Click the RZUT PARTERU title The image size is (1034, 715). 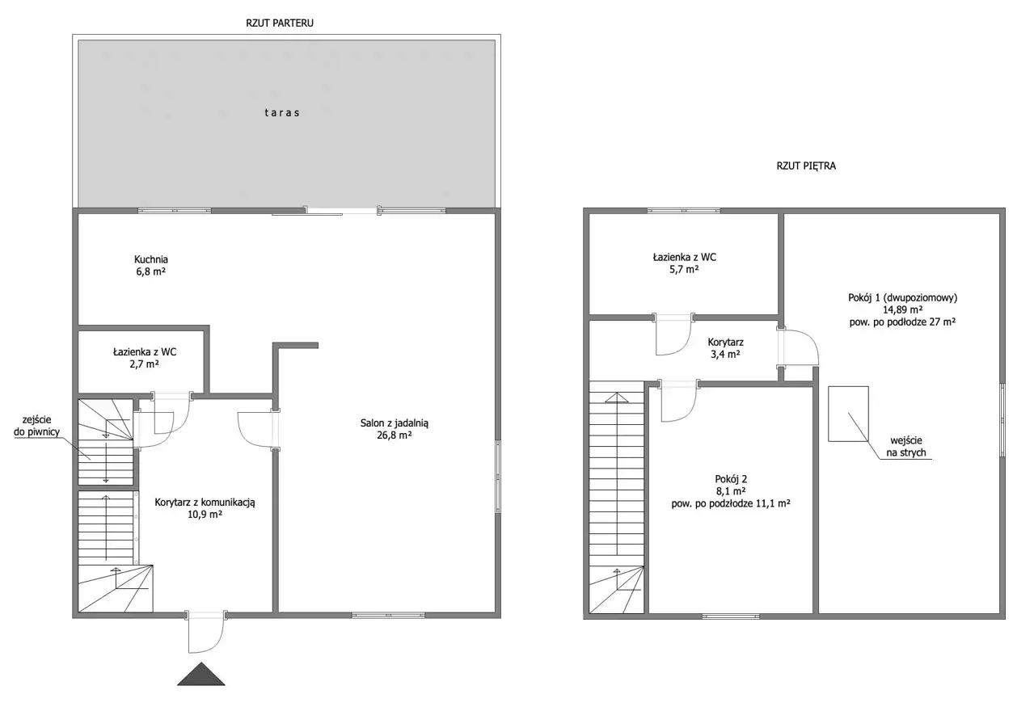coord(280,23)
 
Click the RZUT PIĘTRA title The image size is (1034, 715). coord(806,166)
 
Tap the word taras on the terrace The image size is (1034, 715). coord(282,112)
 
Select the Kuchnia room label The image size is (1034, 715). coord(151,259)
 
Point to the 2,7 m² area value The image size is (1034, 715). coord(145,364)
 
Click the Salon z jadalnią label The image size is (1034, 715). coord(395,423)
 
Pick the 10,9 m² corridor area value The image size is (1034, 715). coord(205,515)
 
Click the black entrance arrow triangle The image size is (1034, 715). coord(200,675)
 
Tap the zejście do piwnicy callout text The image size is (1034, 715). coord(37,426)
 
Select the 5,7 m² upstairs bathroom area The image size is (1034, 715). coord(684,269)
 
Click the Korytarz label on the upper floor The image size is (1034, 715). coord(726,343)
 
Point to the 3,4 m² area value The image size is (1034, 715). coord(726,355)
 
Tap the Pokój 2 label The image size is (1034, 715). coord(731,479)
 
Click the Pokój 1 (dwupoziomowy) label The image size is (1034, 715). coord(902,298)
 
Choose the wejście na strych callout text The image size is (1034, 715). coord(906,447)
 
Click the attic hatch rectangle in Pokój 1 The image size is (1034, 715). coord(848,414)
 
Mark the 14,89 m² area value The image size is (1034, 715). coord(902,310)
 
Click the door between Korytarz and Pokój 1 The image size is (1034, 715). coord(798,347)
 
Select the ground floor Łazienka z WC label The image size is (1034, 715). coord(145,352)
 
